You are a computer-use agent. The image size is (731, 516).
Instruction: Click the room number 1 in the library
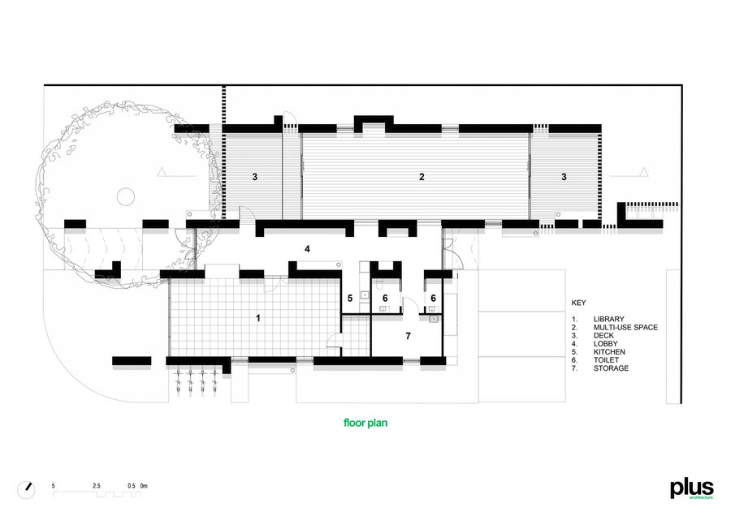(258, 318)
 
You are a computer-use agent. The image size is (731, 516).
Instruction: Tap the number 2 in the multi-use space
(422, 177)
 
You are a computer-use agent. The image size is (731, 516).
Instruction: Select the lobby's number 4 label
(307, 249)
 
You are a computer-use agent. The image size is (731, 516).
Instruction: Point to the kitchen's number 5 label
(350, 298)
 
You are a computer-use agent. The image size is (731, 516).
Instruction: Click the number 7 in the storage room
(409, 336)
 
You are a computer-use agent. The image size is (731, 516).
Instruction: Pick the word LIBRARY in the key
(608, 319)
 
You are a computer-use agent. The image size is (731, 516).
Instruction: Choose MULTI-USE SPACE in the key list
(625, 328)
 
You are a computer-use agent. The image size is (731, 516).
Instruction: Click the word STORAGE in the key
(611, 368)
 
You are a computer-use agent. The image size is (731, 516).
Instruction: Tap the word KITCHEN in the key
(609, 351)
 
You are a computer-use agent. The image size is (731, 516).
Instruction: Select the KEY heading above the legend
(578, 303)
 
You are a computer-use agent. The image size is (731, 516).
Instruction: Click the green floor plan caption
(365, 423)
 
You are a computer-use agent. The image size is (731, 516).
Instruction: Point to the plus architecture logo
(692, 489)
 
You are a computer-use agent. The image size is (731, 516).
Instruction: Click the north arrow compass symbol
(26, 490)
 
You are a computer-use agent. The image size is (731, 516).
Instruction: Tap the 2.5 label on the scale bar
(97, 486)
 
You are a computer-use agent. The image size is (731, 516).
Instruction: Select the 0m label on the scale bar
(144, 486)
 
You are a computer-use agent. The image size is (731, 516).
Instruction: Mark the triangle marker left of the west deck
(162, 172)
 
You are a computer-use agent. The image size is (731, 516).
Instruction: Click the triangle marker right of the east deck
(644, 172)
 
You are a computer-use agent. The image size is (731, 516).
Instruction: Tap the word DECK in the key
(603, 335)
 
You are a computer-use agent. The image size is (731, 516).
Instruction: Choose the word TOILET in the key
(606, 360)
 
